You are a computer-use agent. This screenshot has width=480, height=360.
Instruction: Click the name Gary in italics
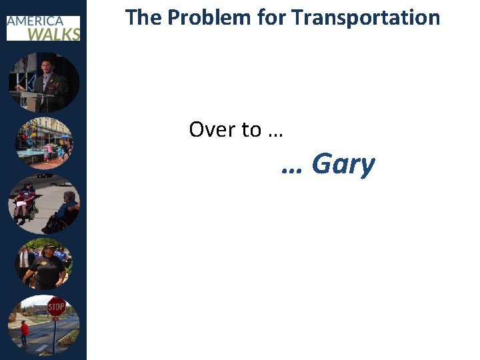click(343, 164)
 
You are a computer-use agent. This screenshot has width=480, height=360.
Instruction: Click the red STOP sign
click(57, 307)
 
